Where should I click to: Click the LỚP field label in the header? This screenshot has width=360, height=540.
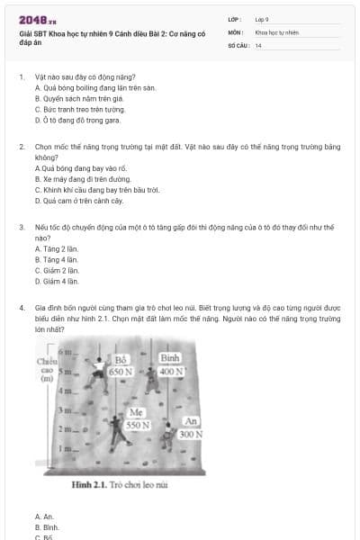[x=234, y=19]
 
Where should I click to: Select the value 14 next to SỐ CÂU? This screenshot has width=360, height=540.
[x=258, y=45]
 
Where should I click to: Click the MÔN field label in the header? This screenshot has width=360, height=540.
[x=234, y=31]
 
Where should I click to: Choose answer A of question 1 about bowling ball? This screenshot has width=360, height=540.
[x=94, y=88]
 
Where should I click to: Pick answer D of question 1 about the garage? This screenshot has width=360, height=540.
[x=76, y=119]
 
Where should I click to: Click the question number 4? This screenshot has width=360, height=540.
[x=21, y=307]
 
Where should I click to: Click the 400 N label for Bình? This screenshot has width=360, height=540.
[x=171, y=371]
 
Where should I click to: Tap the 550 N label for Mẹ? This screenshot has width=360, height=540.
[x=137, y=424]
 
